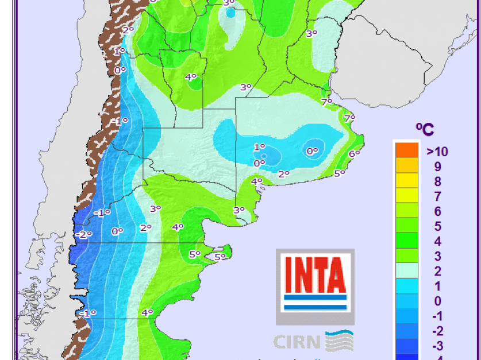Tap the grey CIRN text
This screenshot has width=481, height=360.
click(298, 342)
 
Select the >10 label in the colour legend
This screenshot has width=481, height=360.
click(437, 152)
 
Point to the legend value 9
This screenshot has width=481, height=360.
click(438, 167)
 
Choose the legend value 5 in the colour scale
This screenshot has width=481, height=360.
click(438, 227)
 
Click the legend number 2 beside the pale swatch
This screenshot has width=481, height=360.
click(438, 272)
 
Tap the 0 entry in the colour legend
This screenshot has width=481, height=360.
click(438, 301)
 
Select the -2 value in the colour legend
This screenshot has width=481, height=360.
click(436, 331)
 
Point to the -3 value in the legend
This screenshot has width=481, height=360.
click(436, 346)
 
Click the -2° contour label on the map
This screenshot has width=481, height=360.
click(83, 234)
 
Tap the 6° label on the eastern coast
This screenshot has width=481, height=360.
click(354, 153)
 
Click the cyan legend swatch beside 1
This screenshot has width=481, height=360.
click(406, 287)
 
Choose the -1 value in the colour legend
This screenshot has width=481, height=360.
click(436, 316)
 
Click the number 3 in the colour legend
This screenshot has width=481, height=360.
click(438, 257)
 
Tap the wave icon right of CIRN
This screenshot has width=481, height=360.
click(340, 341)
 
